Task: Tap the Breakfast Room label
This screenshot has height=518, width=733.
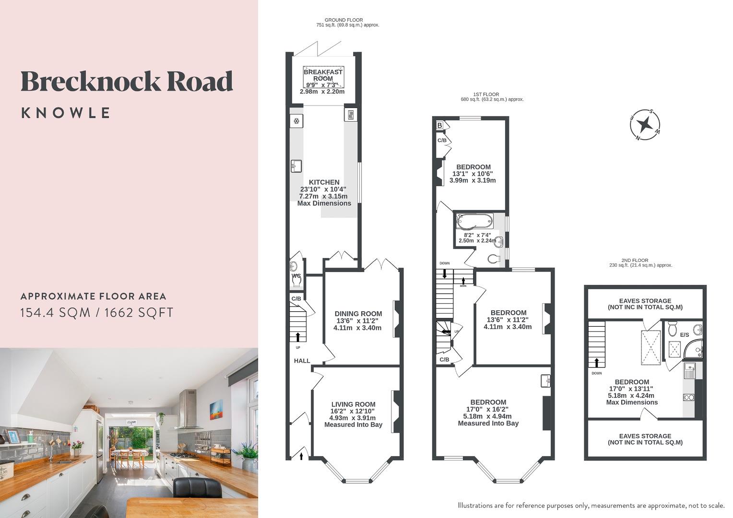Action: point(323,75)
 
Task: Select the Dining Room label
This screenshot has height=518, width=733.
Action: point(358,314)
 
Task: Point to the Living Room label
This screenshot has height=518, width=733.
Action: point(353,404)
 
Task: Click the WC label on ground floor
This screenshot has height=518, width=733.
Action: point(296,276)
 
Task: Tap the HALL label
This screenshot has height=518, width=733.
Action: point(302,361)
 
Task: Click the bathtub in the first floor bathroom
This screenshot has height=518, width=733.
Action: point(474,222)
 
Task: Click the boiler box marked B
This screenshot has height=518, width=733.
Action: point(439,126)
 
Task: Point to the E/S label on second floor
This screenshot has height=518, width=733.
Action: point(685,335)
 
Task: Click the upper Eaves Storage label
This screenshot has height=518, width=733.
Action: point(645,304)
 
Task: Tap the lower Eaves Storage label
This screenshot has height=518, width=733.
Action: point(645,439)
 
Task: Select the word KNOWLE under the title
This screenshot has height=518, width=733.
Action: point(66,113)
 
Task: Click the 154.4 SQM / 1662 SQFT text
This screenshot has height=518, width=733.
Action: point(96,313)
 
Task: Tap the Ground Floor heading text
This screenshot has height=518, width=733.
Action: point(343,20)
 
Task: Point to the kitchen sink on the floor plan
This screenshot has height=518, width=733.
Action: point(296,166)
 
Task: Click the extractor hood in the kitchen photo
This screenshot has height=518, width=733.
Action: point(188,410)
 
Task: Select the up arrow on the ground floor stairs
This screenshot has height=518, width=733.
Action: point(297,336)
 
